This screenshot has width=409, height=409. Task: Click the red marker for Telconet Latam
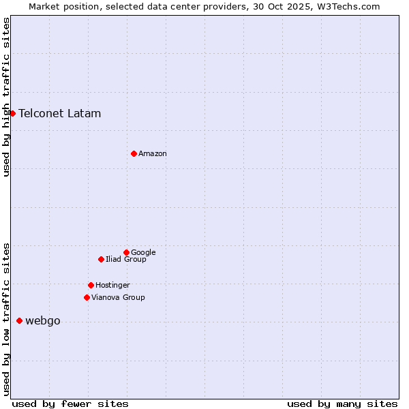coord(12,113)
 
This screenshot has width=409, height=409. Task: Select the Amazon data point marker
coord(134,153)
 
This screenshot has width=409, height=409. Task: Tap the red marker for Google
coord(126,252)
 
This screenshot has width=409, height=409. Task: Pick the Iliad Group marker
coord(101,259)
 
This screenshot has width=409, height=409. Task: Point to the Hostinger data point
coord(91,285)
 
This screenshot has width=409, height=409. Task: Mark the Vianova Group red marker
coord(87,297)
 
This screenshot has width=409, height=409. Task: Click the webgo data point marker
coord(19,320)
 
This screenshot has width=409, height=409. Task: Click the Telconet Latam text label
coord(60,113)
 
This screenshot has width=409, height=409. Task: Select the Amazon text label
coord(153,153)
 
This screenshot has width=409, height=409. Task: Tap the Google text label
coord(143,252)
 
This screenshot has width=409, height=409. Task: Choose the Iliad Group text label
coord(126,259)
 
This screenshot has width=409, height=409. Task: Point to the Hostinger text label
coord(112,285)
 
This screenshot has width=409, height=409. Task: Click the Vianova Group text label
coord(118,297)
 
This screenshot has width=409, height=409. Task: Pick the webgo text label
coord(43,321)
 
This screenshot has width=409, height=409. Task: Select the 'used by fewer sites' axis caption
coord(70,404)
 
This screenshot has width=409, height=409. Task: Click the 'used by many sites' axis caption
coord(342,404)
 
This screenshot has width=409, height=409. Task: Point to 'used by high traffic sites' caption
coord(6,97)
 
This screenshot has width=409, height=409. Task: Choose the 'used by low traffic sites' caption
coord(6,318)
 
